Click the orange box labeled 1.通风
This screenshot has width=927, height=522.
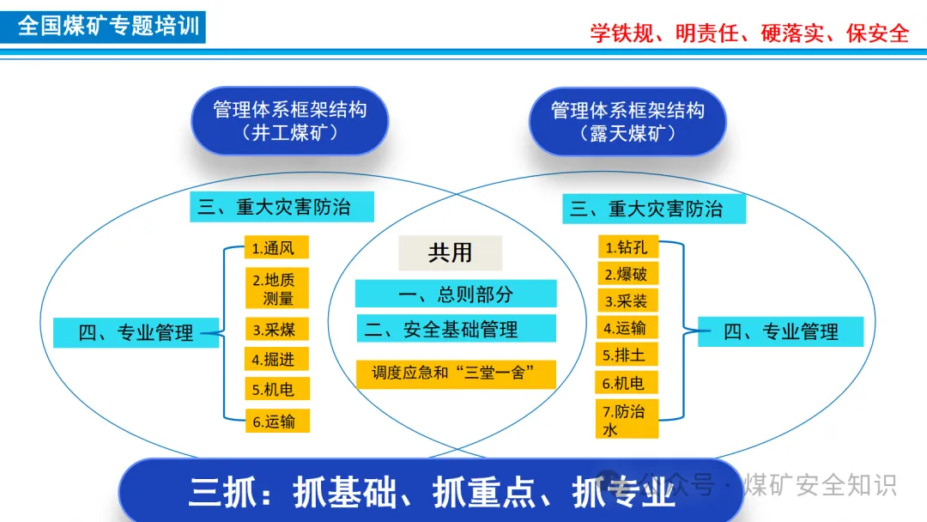(276, 248)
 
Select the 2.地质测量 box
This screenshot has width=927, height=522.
(276, 289)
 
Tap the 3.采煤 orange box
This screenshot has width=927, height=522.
(276, 329)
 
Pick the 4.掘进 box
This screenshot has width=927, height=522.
(276, 359)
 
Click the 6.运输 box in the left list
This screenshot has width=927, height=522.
(276, 421)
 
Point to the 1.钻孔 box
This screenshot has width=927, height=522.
(627, 247)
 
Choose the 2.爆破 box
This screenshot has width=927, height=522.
(627, 275)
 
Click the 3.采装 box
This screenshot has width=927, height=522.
(627, 301)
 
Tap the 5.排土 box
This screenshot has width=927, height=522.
(627, 355)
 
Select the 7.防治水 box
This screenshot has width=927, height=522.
(627, 419)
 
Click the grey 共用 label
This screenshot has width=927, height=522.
(450, 252)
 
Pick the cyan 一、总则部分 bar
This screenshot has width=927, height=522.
(456, 294)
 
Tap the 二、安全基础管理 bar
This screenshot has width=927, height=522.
(456, 329)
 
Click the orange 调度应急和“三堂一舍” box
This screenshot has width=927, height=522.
(456, 373)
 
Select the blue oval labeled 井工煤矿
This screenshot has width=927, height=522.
(289, 121)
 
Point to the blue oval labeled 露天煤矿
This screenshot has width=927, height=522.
(627, 121)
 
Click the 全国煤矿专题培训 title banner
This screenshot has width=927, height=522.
(106, 26)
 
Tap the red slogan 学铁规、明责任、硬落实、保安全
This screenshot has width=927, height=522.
(748, 33)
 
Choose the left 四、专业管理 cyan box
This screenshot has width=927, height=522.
(136, 332)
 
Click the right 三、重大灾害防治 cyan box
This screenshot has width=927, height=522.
(654, 209)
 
